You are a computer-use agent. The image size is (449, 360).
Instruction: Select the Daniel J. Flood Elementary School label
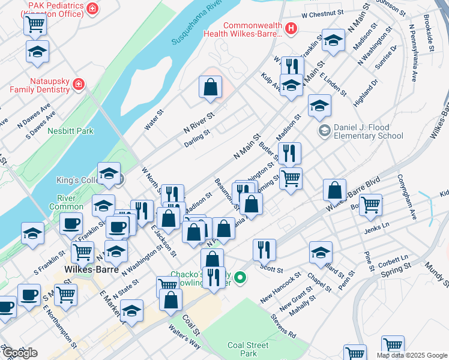(368, 132)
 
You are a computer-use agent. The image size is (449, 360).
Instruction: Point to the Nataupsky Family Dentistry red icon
(78, 85)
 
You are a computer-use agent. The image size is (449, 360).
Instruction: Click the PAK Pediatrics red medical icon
(92, 8)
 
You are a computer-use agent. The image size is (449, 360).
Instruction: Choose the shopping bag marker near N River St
(210, 88)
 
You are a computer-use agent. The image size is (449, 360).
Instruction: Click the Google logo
(19, 353)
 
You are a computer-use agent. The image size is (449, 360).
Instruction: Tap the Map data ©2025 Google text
(412, 355)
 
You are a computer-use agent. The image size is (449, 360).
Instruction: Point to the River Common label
(70, 202)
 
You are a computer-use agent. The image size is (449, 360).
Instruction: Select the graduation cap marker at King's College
(109, 174)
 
